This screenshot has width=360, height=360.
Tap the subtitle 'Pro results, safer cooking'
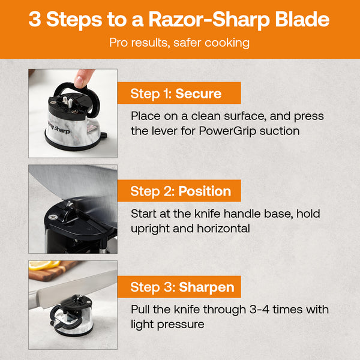179,43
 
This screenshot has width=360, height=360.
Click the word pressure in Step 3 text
180,325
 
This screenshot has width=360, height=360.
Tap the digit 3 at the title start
35,20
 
